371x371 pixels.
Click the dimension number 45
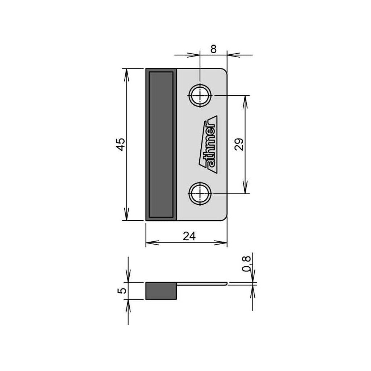[121, 144]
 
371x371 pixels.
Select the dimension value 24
[189, 236]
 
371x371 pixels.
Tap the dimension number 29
[239, 144]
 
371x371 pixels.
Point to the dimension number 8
[213, 49]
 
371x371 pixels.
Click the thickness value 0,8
[246, 264]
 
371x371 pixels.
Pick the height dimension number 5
[122, 291]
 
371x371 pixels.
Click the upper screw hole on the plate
[200, 96]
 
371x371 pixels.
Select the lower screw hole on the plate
[200, 193]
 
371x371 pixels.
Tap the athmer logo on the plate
[208, 145]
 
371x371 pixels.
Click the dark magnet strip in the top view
[161, 144]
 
